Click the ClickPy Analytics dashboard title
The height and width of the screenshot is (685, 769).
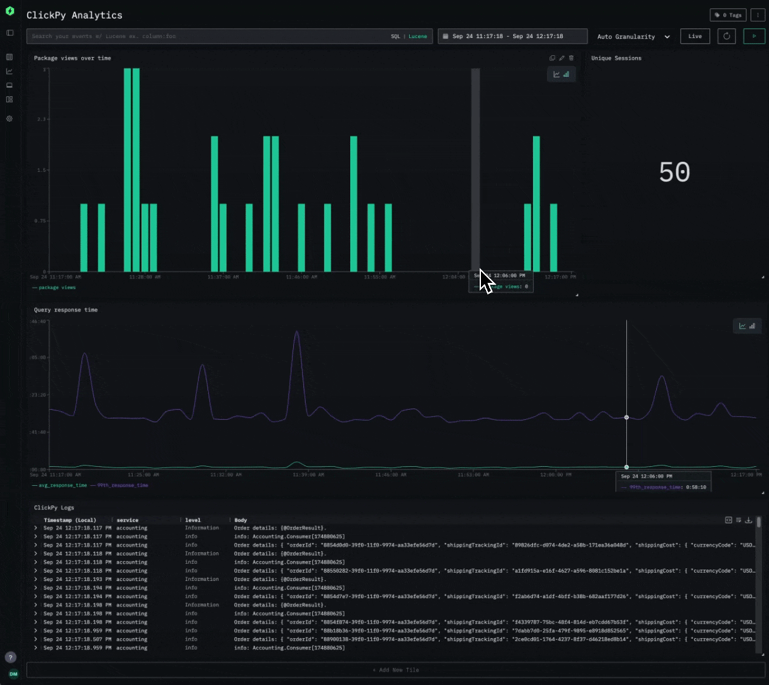click(x=74, y=15)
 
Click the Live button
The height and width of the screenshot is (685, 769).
click(x=695, y=36)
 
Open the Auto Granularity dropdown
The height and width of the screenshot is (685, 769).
click(x=633, y=37)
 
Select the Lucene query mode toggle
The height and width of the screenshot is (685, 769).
click(x=417, y=36)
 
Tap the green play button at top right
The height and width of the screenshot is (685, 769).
click(x=754, y=36)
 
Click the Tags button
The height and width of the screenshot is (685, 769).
click(x=728, y=15)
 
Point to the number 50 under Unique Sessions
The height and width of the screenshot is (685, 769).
click(x=674, y=173)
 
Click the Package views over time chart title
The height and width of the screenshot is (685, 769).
click(x=72, y=58)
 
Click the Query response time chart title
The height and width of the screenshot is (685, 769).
click(x=66, y=310)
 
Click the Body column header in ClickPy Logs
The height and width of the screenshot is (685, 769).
click(x=240, y=520)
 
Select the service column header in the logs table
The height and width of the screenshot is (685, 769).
click(x=127, y=520)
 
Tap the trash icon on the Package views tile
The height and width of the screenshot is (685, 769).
click(x=571, y=58)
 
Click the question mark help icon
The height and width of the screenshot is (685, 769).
click(x=10, y=658)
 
